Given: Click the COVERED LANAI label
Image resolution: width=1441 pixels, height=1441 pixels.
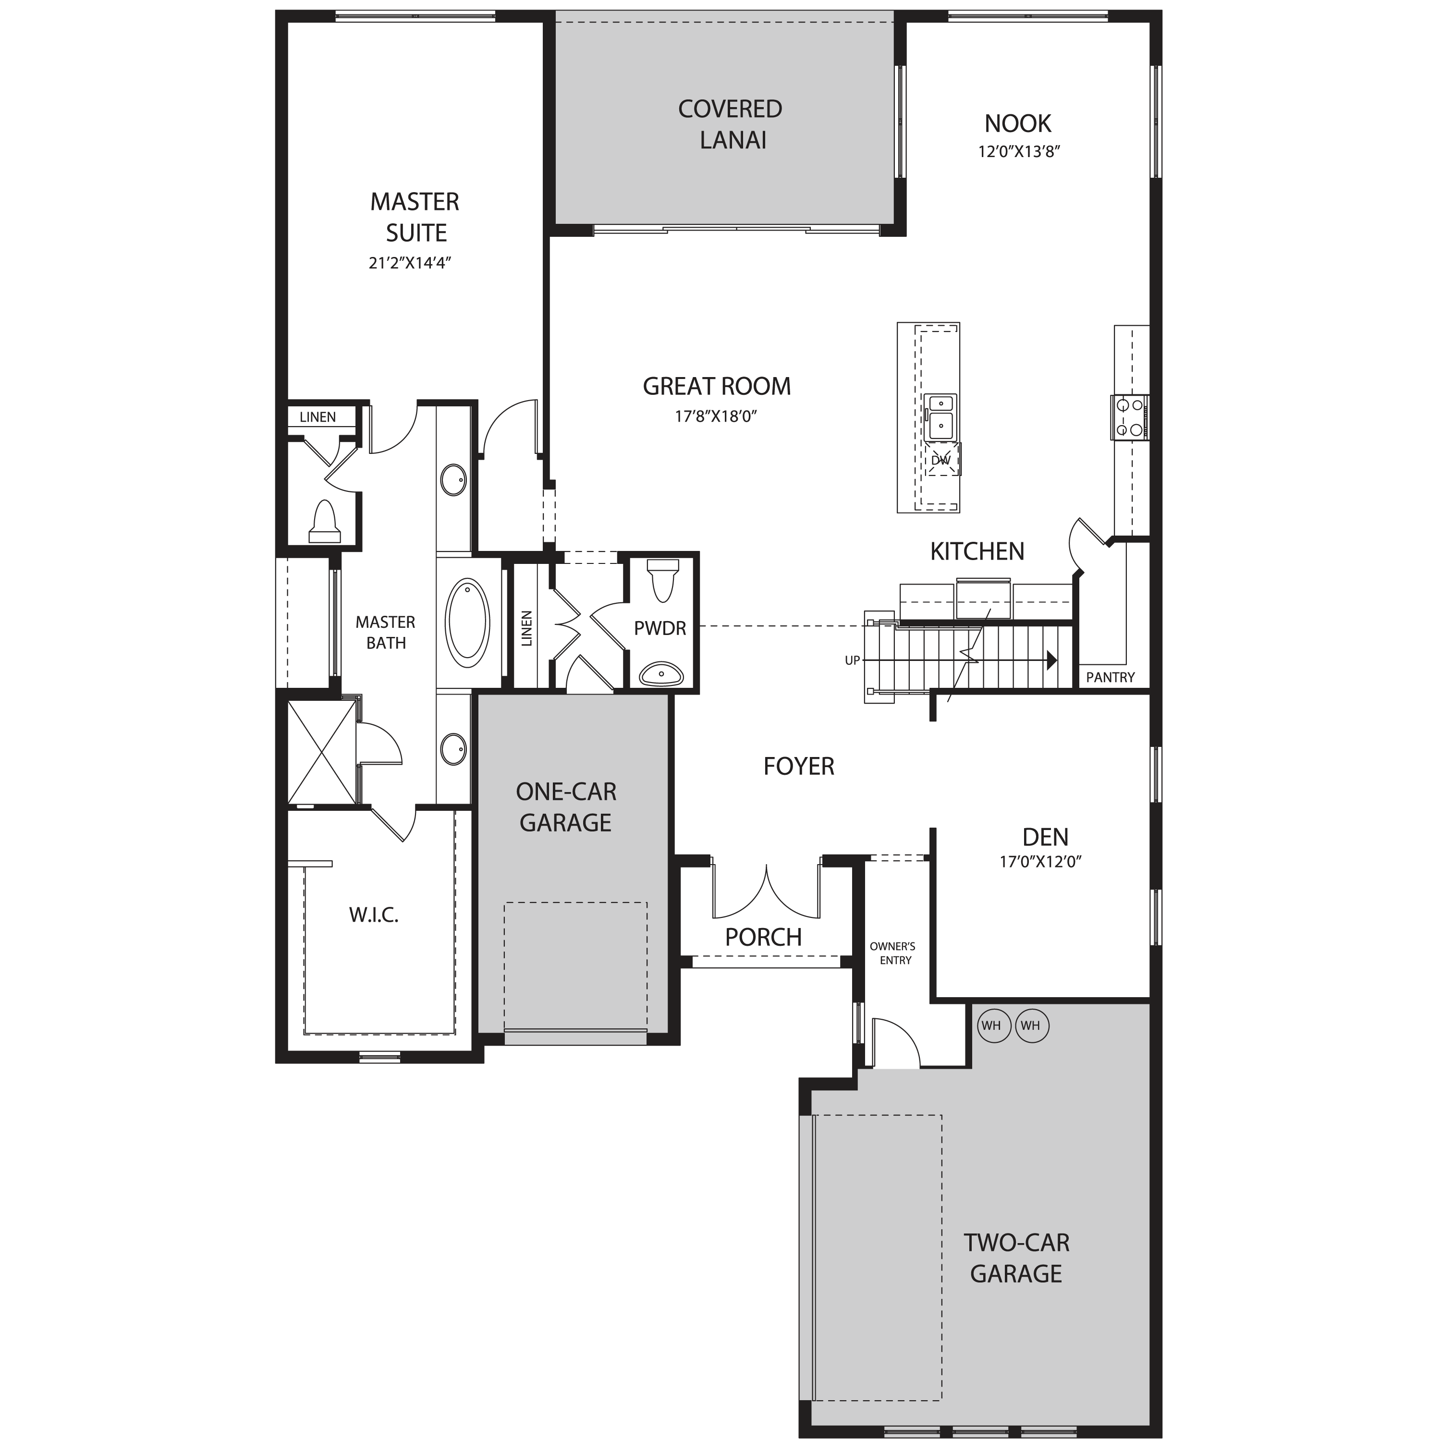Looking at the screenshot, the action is [730, 124].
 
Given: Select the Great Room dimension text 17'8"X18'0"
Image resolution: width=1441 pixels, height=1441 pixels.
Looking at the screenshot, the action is [716, 416].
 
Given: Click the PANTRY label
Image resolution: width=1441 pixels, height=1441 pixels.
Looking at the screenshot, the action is [1110, 677].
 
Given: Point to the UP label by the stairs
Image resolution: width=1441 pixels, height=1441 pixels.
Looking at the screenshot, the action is [852, 660].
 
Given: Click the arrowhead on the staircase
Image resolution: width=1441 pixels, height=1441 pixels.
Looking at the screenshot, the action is [1051, 660].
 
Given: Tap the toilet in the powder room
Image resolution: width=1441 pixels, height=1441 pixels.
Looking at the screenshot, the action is [663, 580].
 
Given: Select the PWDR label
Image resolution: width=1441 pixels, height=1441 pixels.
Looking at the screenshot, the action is [660, 629].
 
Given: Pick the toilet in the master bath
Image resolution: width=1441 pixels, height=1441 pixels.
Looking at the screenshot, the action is [324, 521].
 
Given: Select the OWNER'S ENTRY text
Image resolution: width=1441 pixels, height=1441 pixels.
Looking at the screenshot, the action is [893, 953].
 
